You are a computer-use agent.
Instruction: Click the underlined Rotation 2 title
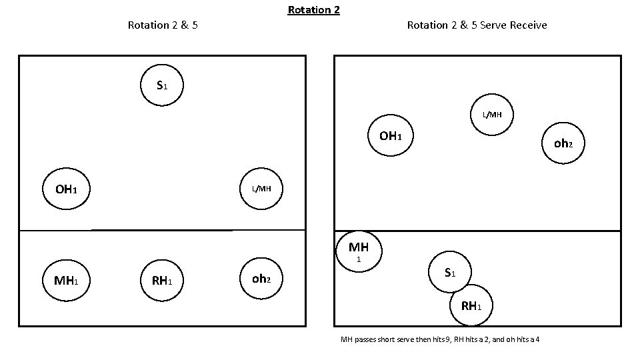[x=313, y=10]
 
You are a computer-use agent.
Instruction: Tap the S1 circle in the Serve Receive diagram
[x=450, y=272]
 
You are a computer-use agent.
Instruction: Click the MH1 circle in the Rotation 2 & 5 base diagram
[x=66, y=280]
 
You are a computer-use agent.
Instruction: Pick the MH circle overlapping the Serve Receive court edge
[x=358, y=250]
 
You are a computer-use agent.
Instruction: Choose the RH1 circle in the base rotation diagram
[x=162, y=280]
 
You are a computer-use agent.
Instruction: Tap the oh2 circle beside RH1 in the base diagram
[x=261, y=279]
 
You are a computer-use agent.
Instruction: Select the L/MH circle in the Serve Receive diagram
[x=493, y=115]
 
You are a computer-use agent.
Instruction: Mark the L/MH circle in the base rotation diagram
[x=261, y=189]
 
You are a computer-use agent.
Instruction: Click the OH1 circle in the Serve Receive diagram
[x=390, y=136]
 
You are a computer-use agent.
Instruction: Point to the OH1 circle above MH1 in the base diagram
[x=66, y=189]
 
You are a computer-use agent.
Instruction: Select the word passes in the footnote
[x=367, y=340]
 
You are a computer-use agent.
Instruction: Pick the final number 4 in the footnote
[x=537, y=340]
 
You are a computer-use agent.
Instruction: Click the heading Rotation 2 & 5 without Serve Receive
[x=162, y=25]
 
